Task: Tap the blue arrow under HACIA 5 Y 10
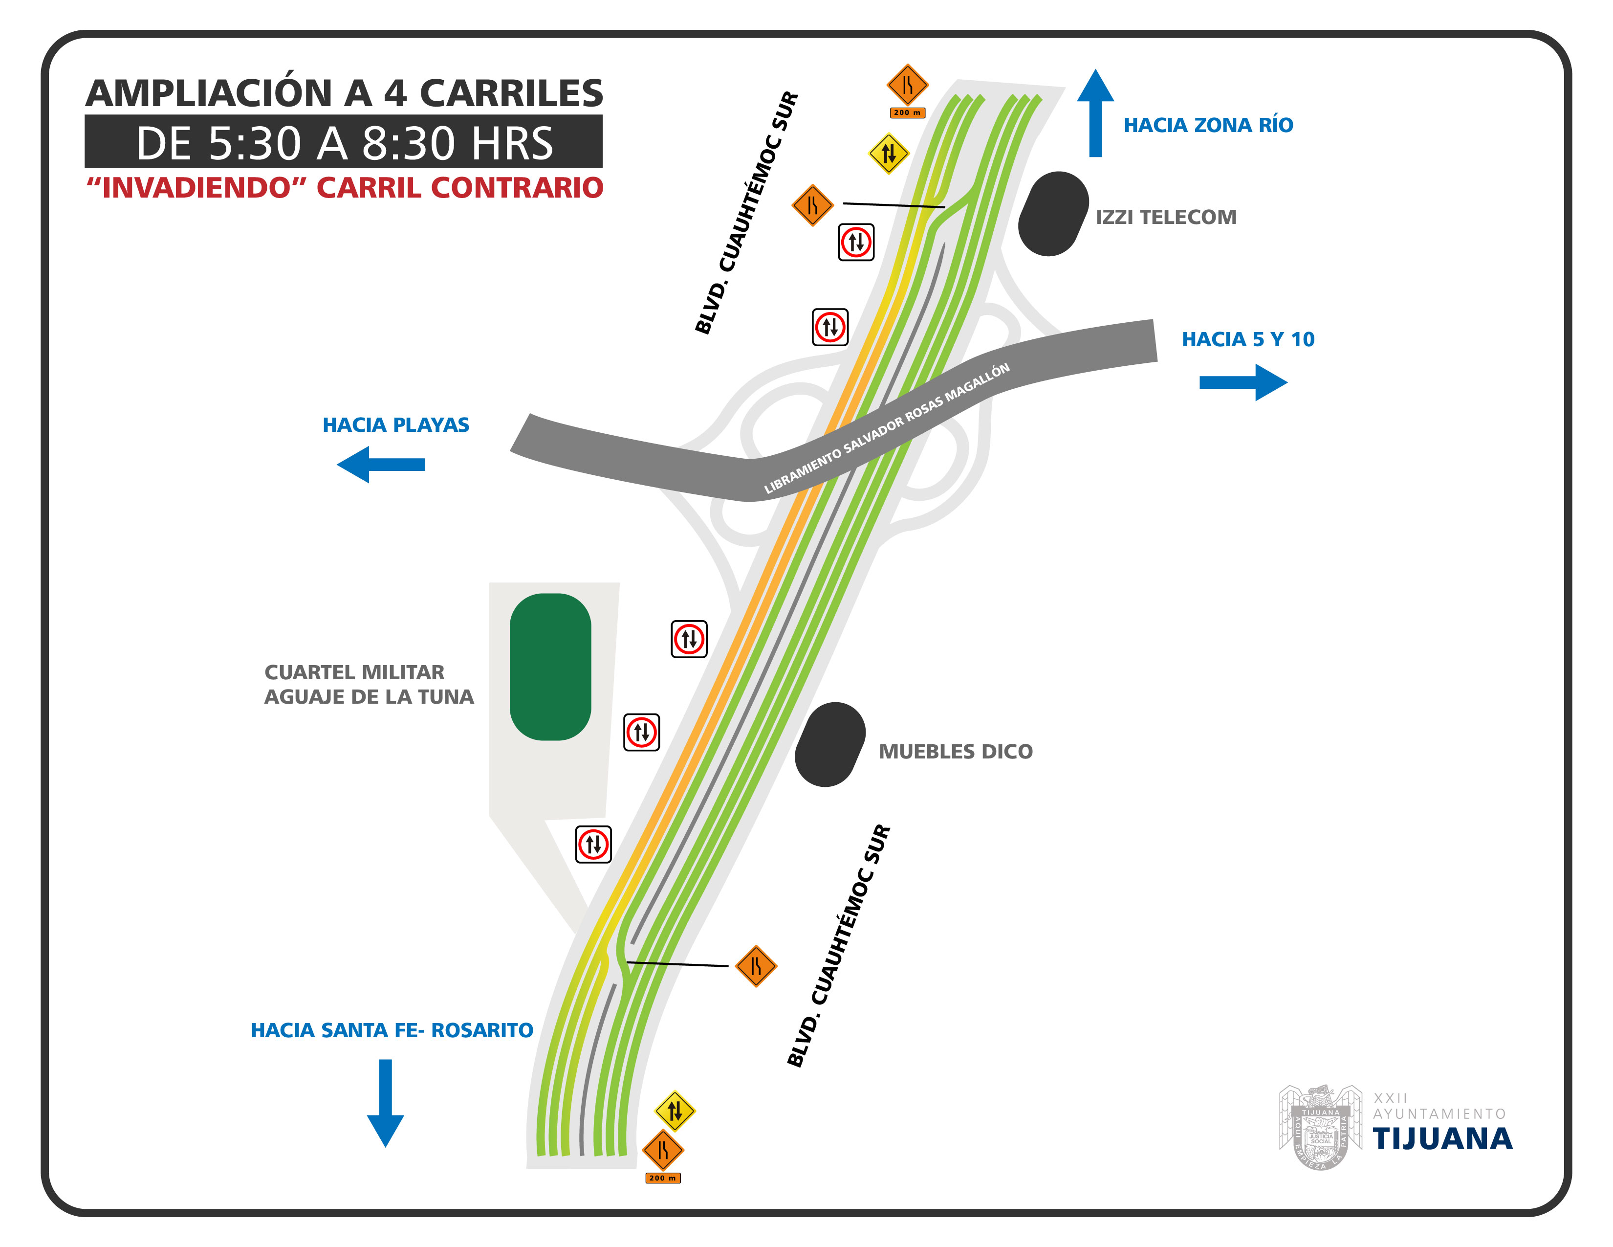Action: [1243, 382]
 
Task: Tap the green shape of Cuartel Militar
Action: [550, 667]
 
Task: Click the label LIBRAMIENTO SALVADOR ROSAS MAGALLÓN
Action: [886, 428]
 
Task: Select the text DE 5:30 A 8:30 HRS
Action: [344, 143]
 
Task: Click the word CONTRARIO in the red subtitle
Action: [517, 188]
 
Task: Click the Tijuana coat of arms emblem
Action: [1321, 1127]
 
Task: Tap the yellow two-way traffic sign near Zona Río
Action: [889, 154]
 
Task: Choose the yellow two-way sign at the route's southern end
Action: [675, 1111]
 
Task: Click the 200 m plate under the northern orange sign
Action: [907, 113]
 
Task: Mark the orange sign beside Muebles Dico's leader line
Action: [756, 965]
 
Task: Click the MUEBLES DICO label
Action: [956, 751]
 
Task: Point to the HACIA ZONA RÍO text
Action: [1208, 125]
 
